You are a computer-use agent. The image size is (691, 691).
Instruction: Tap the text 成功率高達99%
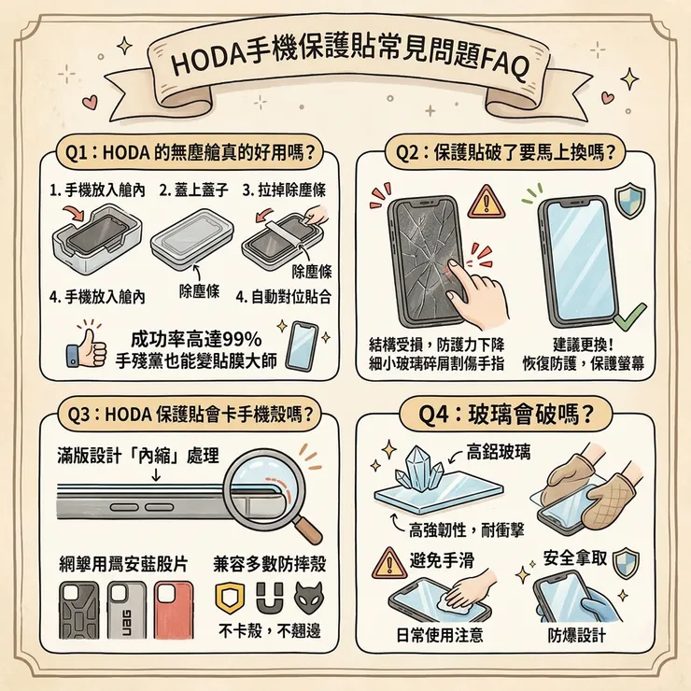point(197,337)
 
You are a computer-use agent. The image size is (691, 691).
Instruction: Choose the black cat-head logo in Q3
point(305,596)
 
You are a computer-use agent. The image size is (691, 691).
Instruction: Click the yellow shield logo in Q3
point(229,595)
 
